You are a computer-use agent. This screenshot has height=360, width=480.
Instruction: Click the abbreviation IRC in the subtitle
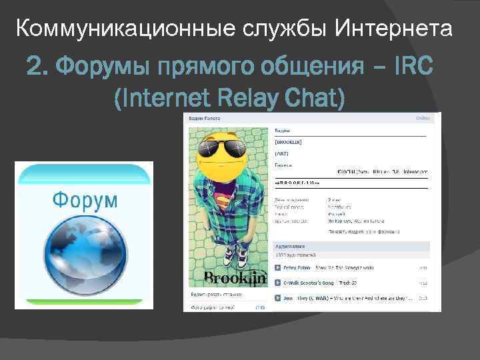click(413, 67)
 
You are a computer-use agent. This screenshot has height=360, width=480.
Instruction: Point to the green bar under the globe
click(84, 297)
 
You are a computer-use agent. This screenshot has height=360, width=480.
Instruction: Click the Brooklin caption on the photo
click(226, 278)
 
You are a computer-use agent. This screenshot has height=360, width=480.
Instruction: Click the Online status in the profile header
click(423, 117)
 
